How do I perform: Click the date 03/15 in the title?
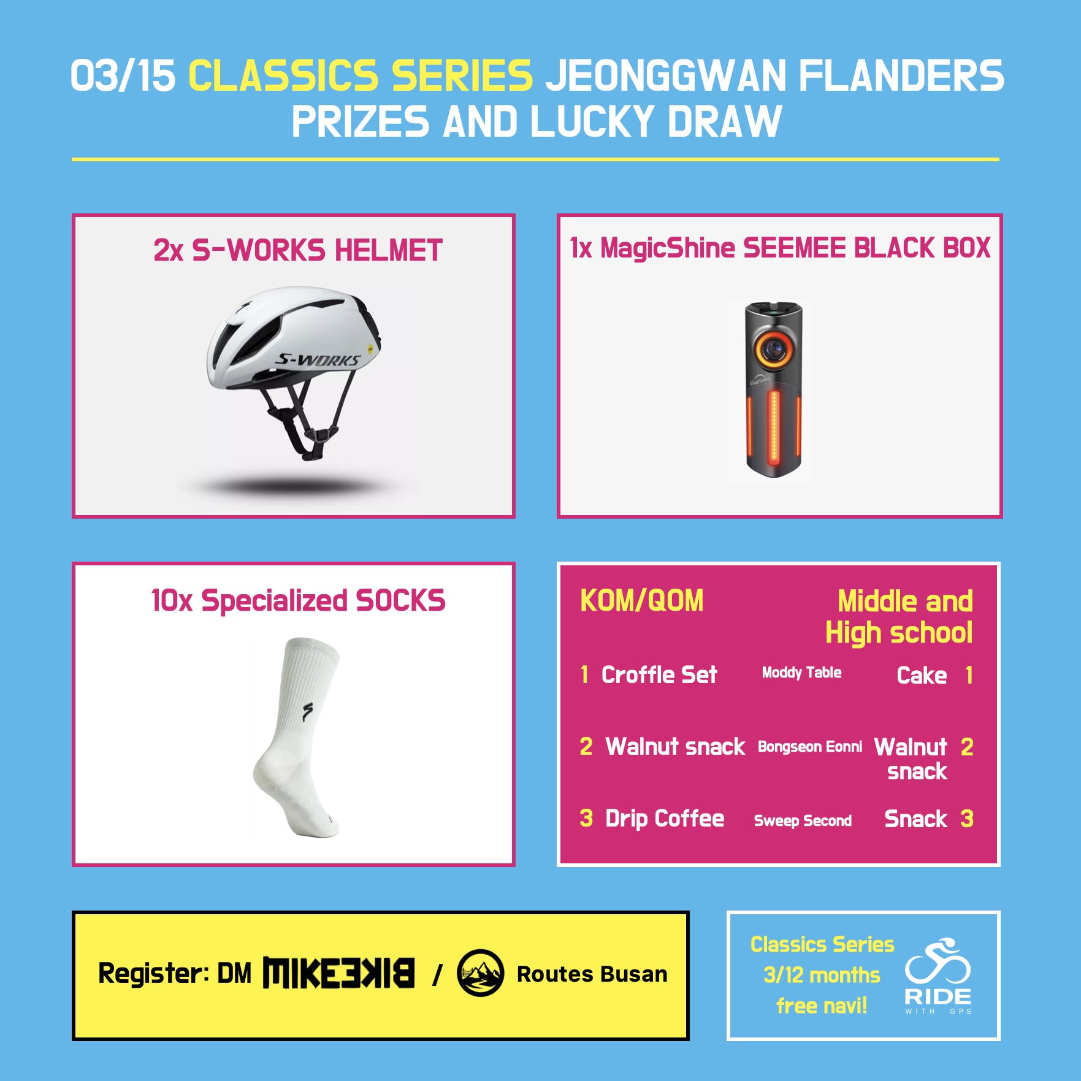click(x=123, y=76)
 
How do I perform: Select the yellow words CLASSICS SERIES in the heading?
click(x=361, y=76)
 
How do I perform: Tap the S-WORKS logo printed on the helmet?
click(x=318, y=360)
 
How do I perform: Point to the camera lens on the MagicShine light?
click(x=774, y=349)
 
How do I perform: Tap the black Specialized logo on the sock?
click(x=307, y=712)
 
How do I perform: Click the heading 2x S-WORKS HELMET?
click(x=298, y=251)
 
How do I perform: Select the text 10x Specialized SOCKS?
click(x=298, y=601)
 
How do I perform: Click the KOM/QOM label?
click(x=642, y=601)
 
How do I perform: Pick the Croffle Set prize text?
click(x=659, y=675)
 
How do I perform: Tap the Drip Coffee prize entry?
click(x=665, y=819)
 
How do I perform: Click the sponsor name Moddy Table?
click(x=801, y=673)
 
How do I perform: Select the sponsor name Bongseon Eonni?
click(x=810, y=747)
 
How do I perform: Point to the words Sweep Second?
click(x=803, y=821)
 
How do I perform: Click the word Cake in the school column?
click(x=922, y=676)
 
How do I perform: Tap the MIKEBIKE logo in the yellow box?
click(x=338, y=973)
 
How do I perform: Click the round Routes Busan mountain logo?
click(x=480, y=973)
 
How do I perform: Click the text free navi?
click(x=822, y=1006)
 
